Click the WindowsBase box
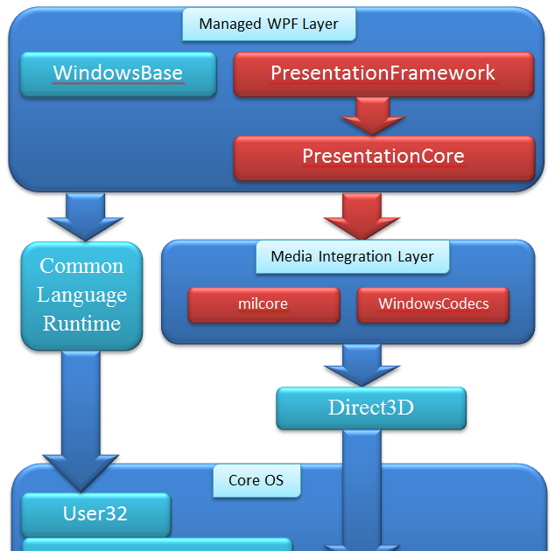pyautogui.click(x=118, y=73)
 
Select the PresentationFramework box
pyautogui.click(x=383, y=74)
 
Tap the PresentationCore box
pyautogui.click(x=383, y=157)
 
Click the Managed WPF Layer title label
pyautogui.click(x=269, y=24)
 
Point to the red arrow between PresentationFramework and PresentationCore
pyautogui.click(x=372, y=115)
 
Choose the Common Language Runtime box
pyautogui.click(x=81, y=296)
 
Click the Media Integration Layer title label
pyautogui.click(x=352, y=256)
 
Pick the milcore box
pyautogui.click(x=263, y=304)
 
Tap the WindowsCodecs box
pyautogui.click(x=433, y=304)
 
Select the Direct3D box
pyautogui.click(x=371, y=408)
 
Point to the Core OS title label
pyautogui.click(x=256, y=480)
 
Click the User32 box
pyautogui.click(x=95, y=514)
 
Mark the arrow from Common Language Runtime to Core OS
pyautogui.click(x=81, y=420)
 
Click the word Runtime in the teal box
pyautogui.click(x=81, y=324)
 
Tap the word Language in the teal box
pyautogui.click(x=81, y=296)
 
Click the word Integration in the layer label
pyautogui.click(x=352, y=256)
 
